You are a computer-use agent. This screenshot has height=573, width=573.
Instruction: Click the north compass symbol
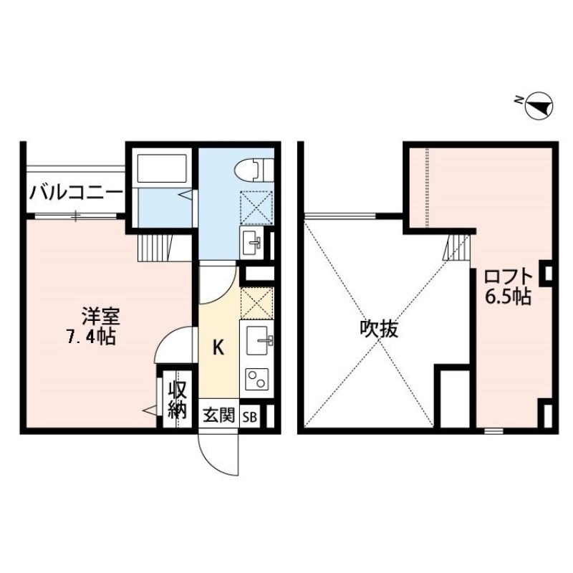539,107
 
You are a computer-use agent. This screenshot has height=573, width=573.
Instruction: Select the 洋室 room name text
100,315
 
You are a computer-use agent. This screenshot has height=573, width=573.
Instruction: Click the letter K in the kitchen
220,349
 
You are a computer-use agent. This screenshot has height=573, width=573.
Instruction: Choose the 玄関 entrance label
218,416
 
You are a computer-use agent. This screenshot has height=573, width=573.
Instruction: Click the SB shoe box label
251,416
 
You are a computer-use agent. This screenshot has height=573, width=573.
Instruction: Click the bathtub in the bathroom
162,169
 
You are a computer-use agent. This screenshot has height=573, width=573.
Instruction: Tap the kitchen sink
258,342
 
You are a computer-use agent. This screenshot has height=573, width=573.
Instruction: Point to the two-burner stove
256,378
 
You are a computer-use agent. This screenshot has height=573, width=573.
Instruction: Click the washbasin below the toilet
254,243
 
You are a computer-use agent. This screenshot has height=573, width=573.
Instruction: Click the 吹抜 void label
379,329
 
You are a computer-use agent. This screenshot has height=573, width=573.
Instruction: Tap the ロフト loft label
507,276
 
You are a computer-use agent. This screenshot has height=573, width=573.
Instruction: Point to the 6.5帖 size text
507,297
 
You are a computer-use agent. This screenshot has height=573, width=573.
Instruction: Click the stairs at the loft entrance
456,248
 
